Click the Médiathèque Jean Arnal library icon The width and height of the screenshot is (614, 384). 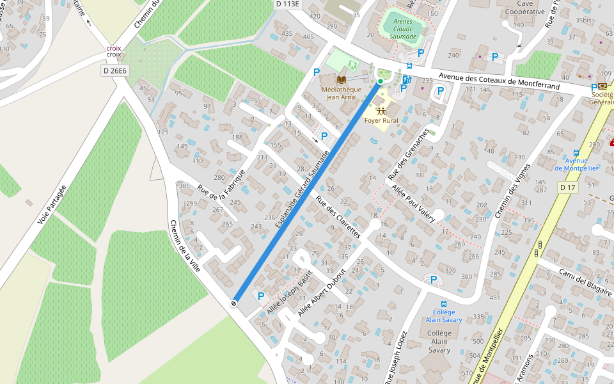[342, 79]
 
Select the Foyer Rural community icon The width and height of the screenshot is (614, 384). [381, 111]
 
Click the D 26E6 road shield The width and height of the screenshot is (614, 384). [114, 70]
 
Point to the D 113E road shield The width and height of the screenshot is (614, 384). [288, 4]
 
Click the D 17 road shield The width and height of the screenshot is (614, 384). [567, 188]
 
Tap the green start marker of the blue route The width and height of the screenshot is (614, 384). [380, 81]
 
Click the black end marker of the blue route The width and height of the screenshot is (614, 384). [235, 303]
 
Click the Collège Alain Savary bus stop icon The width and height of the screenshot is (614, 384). [443, 303]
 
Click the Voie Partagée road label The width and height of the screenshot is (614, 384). [52, 204]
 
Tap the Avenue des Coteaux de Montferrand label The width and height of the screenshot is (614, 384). [499, 79]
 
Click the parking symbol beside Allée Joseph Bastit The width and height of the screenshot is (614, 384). [261, 296]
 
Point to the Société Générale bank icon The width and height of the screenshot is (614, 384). [602, 86]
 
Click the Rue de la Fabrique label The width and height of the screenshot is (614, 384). [221, 193]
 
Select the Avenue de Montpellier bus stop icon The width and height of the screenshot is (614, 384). [576, 153]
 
